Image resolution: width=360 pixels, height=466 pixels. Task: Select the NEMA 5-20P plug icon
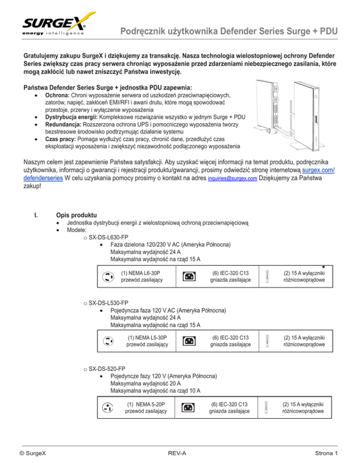107,406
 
